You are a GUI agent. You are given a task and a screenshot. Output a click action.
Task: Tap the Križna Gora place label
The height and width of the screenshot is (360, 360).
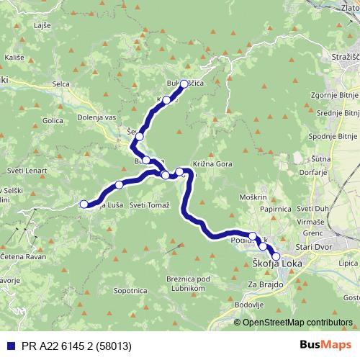[211, 163]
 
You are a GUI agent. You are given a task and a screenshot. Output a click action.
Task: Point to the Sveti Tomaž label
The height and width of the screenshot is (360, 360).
[150, 205]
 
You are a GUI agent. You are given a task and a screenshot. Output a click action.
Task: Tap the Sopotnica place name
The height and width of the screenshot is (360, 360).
[130, 292]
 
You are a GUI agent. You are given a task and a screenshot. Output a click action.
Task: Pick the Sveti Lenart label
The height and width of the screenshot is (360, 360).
[29, 171]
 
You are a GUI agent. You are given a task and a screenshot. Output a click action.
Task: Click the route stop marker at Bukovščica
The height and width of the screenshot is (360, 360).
[184, 84]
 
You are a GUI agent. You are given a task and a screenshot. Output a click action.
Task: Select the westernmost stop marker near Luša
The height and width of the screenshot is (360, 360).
[84, 204]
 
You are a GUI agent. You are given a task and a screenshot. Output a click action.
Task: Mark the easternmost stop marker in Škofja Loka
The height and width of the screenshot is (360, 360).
[276, 256]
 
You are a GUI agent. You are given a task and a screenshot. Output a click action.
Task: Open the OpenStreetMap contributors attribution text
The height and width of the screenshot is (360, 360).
[297, 322]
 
